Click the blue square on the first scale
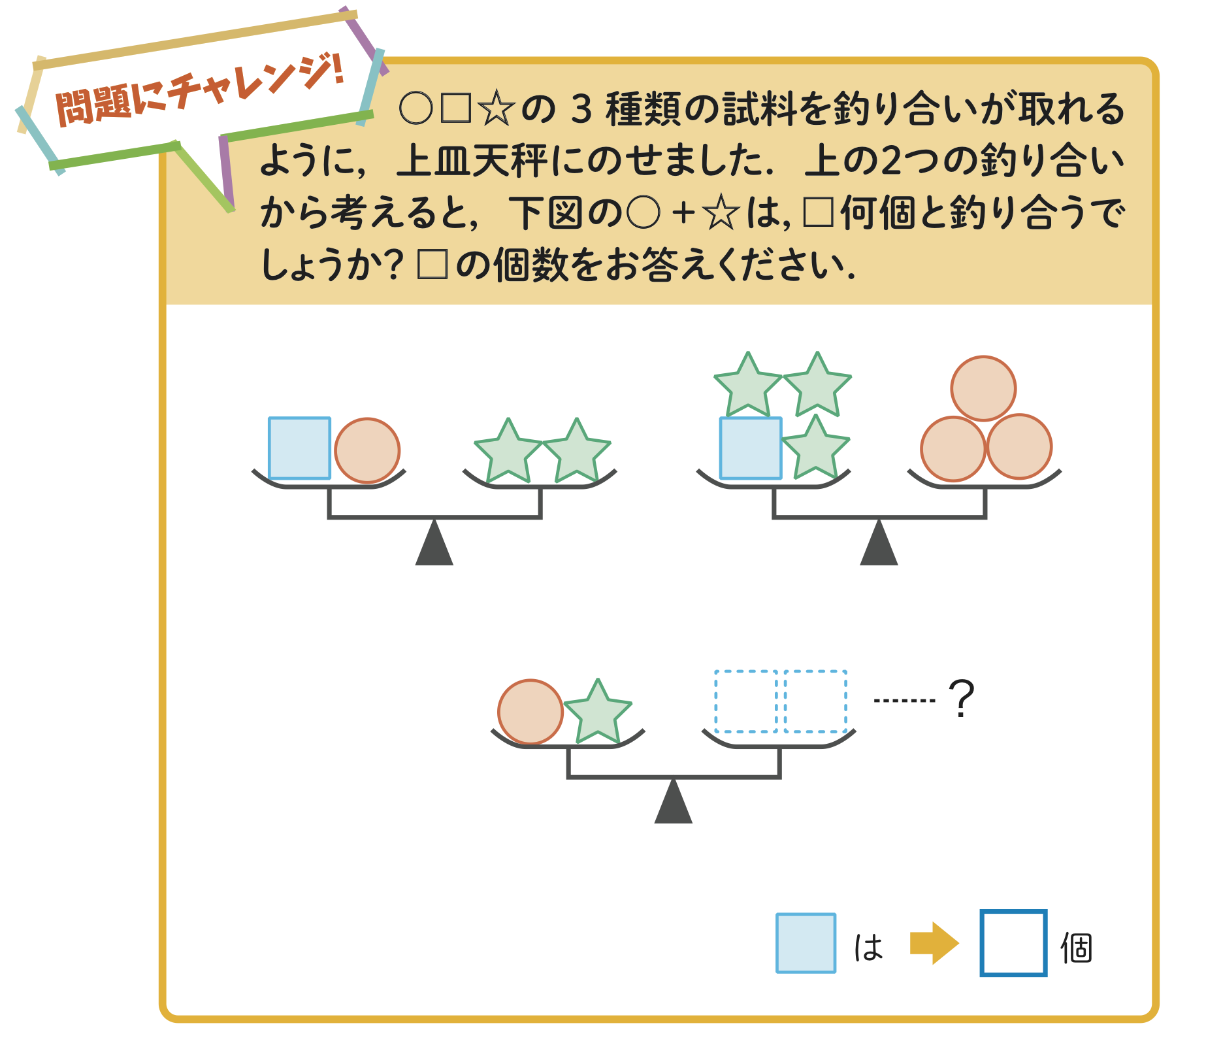click(299, 448)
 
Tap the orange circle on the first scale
click(367, 451)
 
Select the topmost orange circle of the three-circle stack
click(983, 388)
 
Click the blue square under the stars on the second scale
click(751, 448)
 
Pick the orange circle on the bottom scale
click(530, 712)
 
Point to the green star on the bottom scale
click(597, 714)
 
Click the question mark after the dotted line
click(961, 699)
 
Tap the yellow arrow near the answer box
click(934, 943)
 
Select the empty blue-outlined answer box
click(1013, 943)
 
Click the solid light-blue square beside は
click(806, 943)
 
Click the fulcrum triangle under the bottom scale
click(673, 803)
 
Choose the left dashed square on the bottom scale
click(745, 701)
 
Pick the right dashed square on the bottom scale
click(816, 701)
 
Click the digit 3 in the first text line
click(581, 110)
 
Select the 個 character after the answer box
click(1076, 948)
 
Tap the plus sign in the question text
click(683, 214)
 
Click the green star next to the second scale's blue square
click(815, 450)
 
